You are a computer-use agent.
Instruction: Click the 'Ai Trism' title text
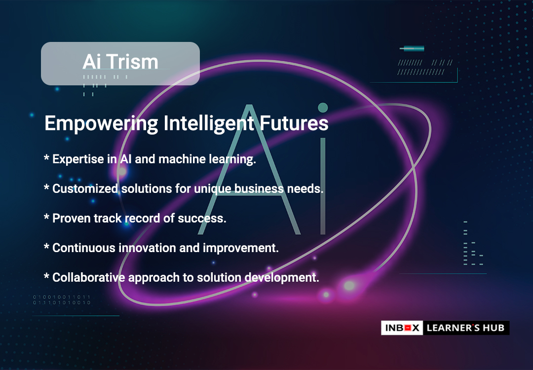tap(120, 62)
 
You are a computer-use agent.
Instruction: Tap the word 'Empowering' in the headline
tap(101, 124)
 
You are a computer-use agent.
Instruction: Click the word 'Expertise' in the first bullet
tap(78, 159)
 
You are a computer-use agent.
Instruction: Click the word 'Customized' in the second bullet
tap(85, 188)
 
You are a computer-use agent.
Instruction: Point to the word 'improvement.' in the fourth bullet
tap(241, 248)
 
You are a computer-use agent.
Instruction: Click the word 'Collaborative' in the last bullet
tap(89, 277)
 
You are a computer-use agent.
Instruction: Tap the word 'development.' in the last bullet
tap(282, 278)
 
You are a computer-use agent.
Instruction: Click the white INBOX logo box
tap(402, 328)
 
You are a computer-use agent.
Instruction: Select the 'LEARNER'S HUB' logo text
tap(466, 328)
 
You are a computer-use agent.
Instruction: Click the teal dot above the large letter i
tap(323, 108)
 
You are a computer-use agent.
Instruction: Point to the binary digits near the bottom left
tap(62, 299)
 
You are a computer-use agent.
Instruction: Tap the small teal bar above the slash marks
tap(412, 48)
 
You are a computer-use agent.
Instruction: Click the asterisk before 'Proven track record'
tap(46, 216)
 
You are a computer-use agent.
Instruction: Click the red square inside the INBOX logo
tap(408, 328)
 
